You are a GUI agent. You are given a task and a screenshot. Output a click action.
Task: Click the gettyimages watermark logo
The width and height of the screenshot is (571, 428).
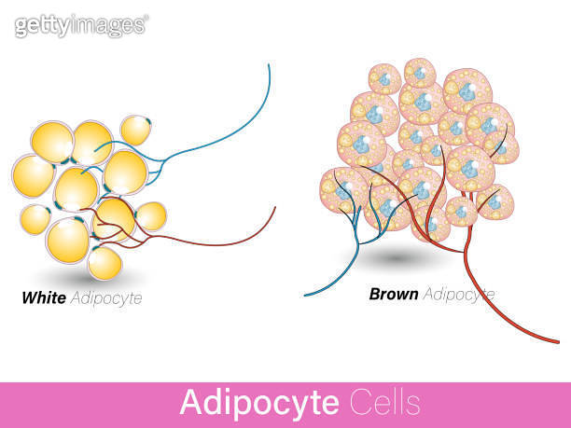(81, 25)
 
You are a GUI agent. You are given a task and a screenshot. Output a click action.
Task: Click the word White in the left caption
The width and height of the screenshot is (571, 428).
(44, 297)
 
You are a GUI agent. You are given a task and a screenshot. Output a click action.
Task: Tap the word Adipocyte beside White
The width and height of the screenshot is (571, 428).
(106, 298)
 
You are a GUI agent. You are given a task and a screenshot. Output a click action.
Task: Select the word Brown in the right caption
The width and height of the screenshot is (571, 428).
(394, 294)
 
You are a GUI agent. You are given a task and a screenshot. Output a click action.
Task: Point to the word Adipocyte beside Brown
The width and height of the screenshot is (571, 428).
(459, 295)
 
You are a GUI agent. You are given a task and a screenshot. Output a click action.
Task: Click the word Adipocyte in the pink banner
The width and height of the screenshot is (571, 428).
(259, 403)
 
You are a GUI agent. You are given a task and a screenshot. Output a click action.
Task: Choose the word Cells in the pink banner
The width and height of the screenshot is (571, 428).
(385, 402)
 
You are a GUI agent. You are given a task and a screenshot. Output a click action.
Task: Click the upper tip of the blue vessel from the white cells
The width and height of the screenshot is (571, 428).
(269, 64)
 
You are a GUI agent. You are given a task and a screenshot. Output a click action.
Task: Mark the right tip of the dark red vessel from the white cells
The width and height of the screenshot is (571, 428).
(275, 207)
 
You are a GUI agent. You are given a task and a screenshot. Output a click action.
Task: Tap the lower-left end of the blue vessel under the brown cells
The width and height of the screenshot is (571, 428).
(305, 296)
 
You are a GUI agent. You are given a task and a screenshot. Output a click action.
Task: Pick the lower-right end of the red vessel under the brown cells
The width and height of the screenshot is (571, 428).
(558, 342)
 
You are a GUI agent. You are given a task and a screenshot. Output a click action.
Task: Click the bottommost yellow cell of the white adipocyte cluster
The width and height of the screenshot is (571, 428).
(104, 263)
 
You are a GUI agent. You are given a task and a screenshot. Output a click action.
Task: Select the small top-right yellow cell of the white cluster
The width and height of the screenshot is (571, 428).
(135, 130)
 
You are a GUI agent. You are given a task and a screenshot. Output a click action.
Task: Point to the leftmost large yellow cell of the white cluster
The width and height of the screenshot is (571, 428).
(33, 176)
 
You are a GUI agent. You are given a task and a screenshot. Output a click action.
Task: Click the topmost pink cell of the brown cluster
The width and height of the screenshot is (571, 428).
(420, 73)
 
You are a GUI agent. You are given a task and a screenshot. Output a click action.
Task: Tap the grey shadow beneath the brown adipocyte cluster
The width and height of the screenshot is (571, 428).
(397, 259)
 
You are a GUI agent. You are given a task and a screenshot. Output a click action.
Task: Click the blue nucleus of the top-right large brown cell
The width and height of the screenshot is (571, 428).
(467, 91)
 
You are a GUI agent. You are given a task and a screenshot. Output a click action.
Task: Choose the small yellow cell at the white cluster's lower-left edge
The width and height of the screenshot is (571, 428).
(35, 220)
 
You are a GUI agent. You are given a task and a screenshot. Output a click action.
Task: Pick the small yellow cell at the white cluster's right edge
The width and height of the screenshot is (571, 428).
(151, 216)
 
